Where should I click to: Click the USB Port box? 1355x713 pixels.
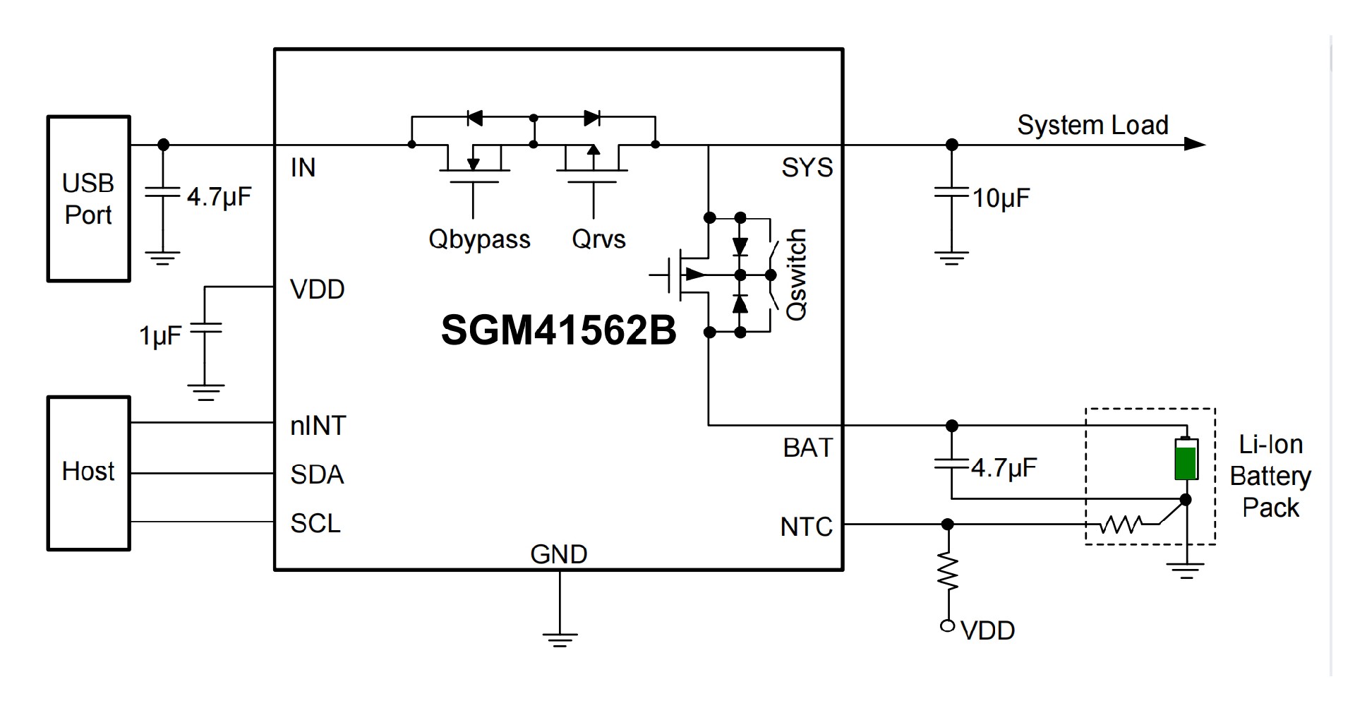coord(88,199)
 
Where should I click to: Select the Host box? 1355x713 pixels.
coord(88,472)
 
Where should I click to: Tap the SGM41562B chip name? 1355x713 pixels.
coord(558,330)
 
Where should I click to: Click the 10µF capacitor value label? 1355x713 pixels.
coord(1001,198)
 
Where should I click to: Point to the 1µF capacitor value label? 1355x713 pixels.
coord(160,336)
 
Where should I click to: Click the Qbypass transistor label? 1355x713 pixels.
coord(479,239)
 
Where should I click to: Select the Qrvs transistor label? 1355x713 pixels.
coord(598,239)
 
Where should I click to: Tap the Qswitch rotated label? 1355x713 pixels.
coord(796,275)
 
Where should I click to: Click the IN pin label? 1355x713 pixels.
coord(303,168)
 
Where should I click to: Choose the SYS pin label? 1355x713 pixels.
coord(807,168)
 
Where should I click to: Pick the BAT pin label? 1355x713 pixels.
coord(808,448)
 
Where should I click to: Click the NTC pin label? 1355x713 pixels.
coord(807,527)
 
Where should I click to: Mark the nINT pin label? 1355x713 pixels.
coord(318,426)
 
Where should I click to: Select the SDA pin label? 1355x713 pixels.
coord(317,474)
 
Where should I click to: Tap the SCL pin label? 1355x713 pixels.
coord(315,523)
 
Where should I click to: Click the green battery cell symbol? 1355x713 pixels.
coord(1186,460)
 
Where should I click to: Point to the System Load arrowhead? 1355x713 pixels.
coord(1194,145)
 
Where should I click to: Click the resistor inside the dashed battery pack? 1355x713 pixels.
coord(1121,525)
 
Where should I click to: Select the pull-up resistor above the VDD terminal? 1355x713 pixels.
coord(948,573)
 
